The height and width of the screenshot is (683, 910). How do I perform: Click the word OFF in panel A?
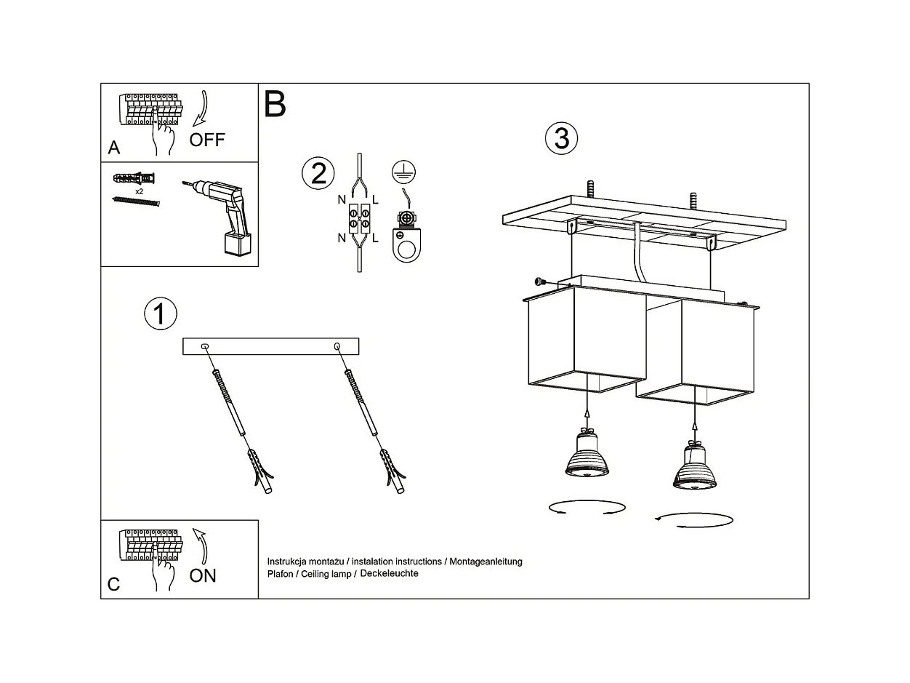[x=207, y=140]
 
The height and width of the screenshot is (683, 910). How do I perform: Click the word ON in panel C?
[x=203, y=575]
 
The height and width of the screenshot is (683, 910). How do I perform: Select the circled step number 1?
[x=161, y=313]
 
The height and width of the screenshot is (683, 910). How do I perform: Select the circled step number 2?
[x=318, y=174]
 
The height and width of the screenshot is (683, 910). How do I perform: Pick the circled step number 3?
[x=561, y=138]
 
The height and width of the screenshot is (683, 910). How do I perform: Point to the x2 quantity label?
[x=139, y=191]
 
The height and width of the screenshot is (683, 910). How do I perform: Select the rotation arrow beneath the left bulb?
[x=587, y=507]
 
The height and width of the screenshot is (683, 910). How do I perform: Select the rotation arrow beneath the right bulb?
[x=693, y=519]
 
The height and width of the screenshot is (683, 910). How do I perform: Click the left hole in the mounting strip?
[x=205, y=346]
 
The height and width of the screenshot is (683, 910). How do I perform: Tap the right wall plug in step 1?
[x=392, y=472]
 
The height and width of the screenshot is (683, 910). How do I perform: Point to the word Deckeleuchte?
[x=390, y=574]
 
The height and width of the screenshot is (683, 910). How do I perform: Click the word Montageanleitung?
[x=486, y=562]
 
